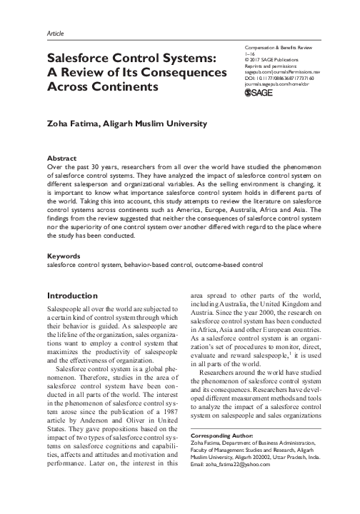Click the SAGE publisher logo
tap(259, 92)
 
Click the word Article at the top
tap(54, 33)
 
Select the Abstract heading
tap(61, 157)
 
